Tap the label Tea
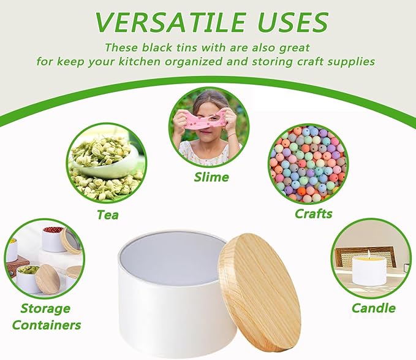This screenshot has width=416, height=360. (107, 215)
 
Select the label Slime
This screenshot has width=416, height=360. (211, 177)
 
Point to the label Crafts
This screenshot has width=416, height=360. (313, 213)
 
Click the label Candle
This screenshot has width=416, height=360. (373, 308)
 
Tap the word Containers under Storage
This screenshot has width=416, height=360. (46, 324)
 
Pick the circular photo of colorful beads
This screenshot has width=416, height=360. (308, 163)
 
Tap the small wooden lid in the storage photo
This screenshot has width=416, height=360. (48, 278)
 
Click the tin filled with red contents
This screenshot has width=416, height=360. (53, 239)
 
